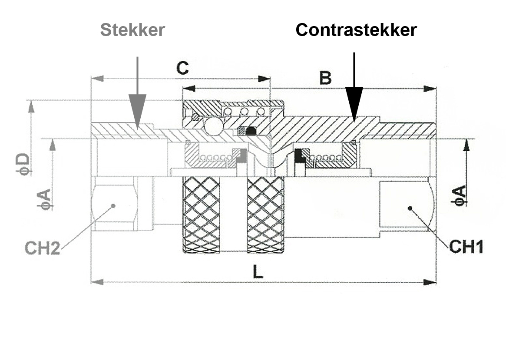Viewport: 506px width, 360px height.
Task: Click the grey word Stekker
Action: point(132,30)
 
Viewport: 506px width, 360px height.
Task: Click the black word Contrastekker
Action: point(356,30)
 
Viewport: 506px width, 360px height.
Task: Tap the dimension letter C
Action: point(182,68)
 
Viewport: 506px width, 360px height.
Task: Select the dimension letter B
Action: point(325,79)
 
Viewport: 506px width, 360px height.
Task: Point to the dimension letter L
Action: point(258,272)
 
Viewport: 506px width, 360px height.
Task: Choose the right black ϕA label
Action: point(460,195)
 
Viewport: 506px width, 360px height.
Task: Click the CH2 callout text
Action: point(42,248)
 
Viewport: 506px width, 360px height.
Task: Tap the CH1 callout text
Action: point(466,247)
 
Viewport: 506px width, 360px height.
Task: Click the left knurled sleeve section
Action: point(201,215)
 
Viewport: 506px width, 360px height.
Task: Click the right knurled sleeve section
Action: point(265,215)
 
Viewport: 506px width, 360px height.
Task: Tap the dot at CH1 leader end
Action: point(410,208)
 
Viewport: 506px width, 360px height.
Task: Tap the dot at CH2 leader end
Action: point(113,205)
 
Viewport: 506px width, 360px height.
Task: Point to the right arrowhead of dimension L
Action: point(431,282)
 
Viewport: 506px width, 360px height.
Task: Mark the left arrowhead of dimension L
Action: point(96,282)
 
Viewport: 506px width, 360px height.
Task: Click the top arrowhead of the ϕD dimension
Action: point(31,106)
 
